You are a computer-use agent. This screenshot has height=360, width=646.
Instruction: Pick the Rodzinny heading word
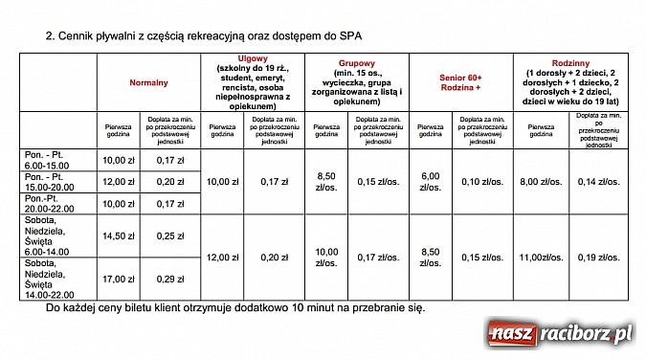570,60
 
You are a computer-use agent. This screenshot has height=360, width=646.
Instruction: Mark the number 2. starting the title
50,35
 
